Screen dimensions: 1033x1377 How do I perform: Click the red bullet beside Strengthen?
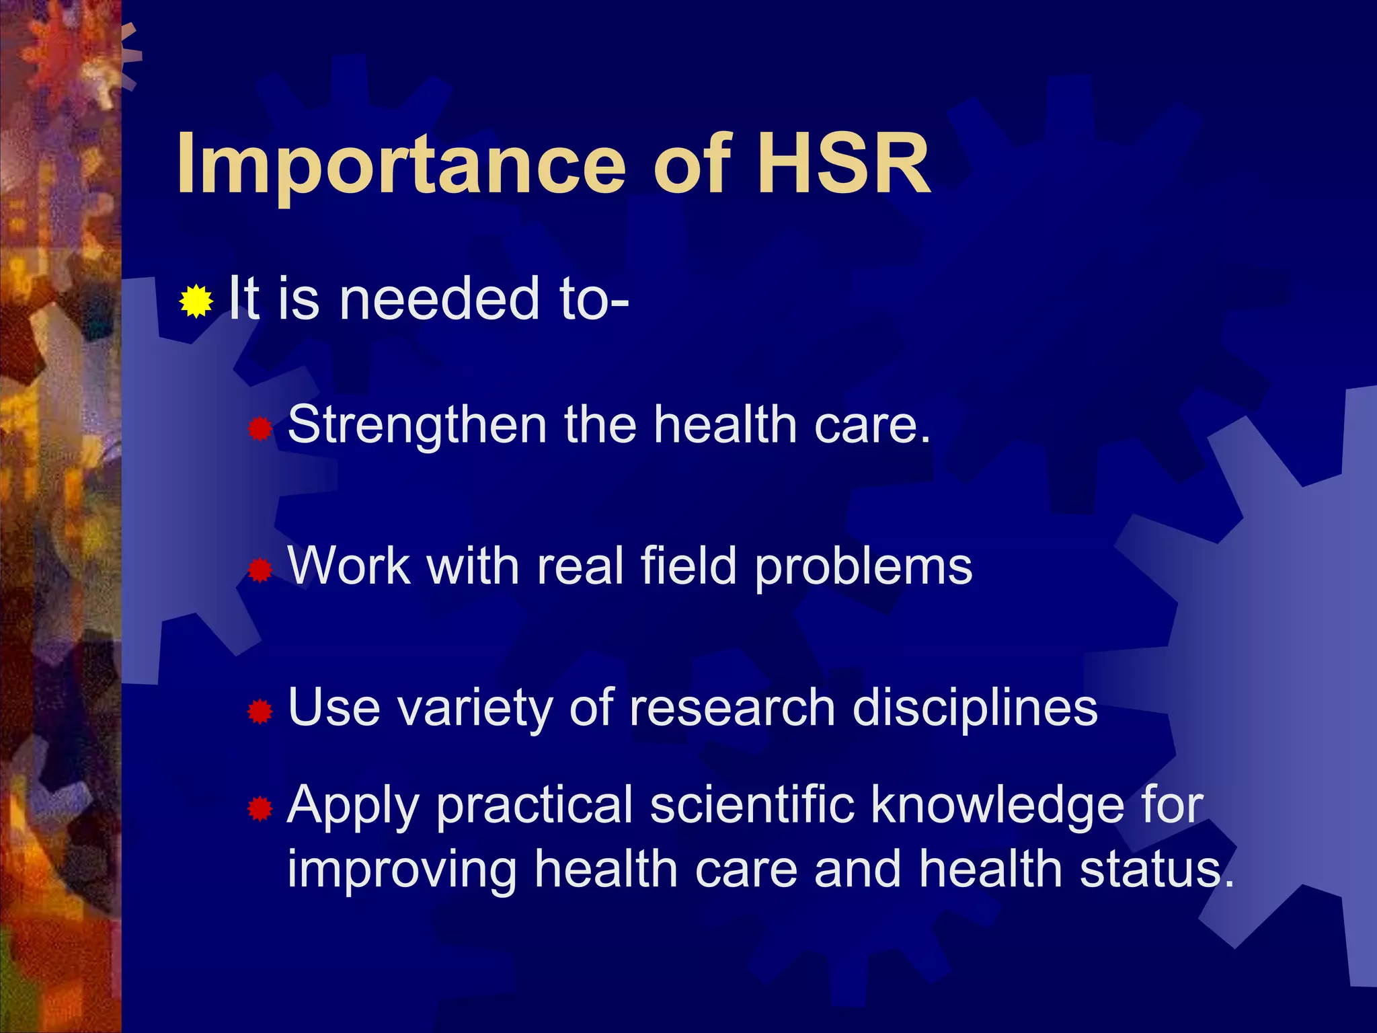[x=260, y=428]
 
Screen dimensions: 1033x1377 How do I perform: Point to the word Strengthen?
[x=417, y=426]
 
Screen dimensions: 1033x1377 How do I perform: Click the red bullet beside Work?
[x=260, y=571]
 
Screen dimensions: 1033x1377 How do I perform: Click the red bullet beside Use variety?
[x=260, y=711]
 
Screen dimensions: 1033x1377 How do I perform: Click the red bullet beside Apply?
[x=260, y=809]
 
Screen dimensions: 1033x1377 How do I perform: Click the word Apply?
[x=353, y=806]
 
